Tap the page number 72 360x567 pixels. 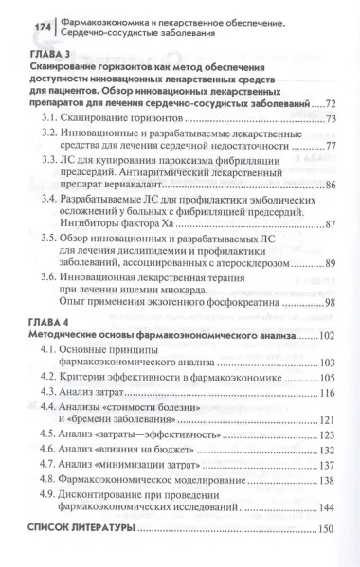pyautogui.click(x=331, y=102)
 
